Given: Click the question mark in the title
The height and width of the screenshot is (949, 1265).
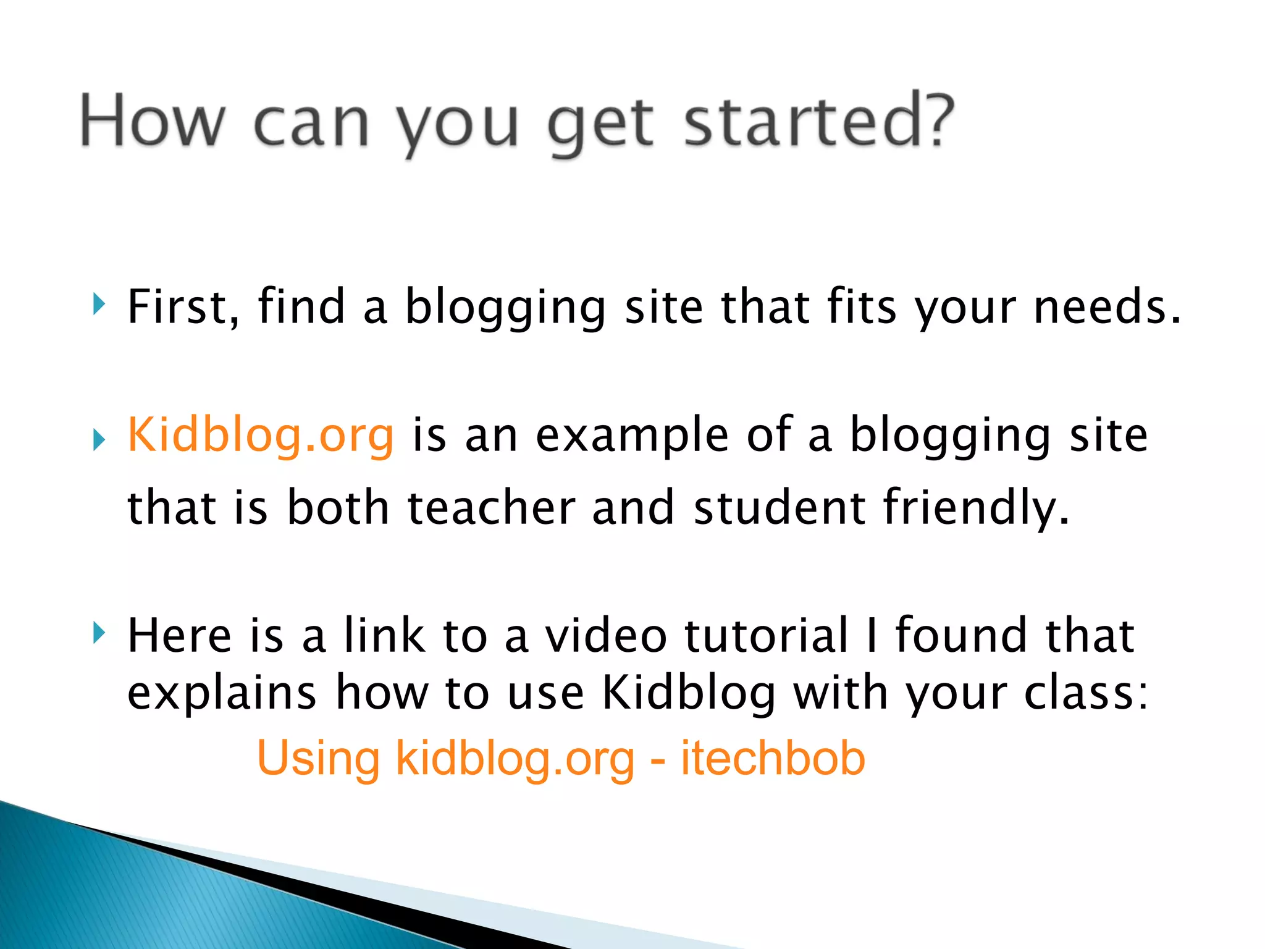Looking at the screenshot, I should (x=933, y=120).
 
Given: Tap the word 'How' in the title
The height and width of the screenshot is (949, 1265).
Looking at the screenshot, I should (x=152, y=122).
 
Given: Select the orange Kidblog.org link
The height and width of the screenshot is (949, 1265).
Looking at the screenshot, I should (x=260, y=436).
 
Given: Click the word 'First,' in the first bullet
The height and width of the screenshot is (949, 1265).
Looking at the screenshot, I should (x=183, y=307).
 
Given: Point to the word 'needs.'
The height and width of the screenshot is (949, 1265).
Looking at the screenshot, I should (x=1107, y=307).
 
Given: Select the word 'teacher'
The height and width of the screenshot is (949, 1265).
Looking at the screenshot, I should (x=491, y=508).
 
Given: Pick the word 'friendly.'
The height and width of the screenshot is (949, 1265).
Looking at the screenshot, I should (x=976, y=508).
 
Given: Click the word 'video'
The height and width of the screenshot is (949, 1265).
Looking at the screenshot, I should (x=605, y=636).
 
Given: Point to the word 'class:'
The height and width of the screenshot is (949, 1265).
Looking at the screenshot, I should (x=1086, y=693).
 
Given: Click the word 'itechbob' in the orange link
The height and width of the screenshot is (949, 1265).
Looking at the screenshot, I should (x=773, y=758).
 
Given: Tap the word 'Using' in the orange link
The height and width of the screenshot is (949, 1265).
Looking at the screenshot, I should (x=318, y=759).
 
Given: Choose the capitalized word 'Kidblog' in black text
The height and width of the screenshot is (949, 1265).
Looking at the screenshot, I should (x=688, y=693).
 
